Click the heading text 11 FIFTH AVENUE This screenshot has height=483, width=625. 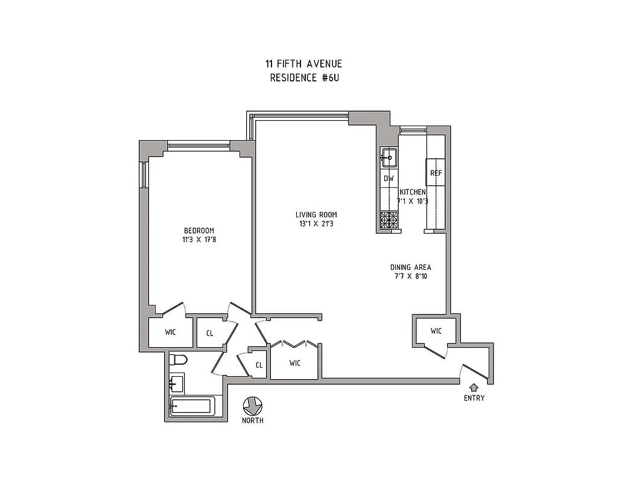303,64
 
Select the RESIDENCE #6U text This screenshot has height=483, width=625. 303,78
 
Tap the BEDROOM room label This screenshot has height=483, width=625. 198,231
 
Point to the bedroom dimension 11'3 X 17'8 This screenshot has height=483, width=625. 198,240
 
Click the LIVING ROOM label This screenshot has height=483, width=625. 316,215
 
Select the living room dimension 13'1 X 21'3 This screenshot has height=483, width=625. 316,224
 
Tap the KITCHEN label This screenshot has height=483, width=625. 413,192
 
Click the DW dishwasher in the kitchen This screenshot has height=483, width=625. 389,179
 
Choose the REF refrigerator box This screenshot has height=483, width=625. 436,173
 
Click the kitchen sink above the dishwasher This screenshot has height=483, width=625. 389,158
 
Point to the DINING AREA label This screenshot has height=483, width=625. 410,267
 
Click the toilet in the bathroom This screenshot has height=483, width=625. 179,360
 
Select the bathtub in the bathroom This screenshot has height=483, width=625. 191,406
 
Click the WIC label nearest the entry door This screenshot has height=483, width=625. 436,331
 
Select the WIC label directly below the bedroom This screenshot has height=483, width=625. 170,332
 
